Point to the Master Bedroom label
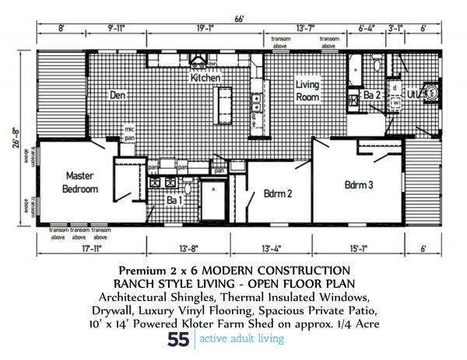(x=80, y=182)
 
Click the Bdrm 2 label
(x=277, y=194)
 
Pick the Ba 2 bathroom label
(x=371, y=96)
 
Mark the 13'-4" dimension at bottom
(x=279, y=249)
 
